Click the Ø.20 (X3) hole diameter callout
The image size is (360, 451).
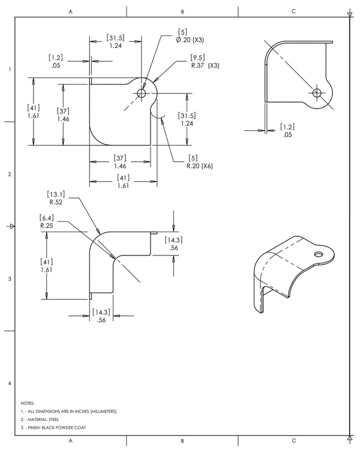pyautogui.click(x=190, y=40)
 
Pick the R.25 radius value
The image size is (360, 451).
pyautogui.click(x=47, y=226)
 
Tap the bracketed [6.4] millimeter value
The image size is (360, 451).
pyautogui.click(x=47, y=218)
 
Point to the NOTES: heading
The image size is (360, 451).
pyautogui.click(x=27, y=403)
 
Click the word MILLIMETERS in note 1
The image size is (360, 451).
pyautogui.click(x=102, y=411)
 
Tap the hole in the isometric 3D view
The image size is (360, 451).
pyautogui.click(x=316, y=254)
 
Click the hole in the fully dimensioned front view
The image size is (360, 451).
pyautogui.click(x=142, y=93)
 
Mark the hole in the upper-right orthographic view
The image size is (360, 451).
pyautogui.click(x=317, y=92)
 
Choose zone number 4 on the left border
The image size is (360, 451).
pyautogui.click(x=8, y=383)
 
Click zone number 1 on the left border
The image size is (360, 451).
pyautogui.click(x=8, y=70)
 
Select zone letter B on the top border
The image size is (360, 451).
pyautogui.click(x=182, y=11)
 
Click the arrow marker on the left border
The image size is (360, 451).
pyautogui.click(x=8, y=226)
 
